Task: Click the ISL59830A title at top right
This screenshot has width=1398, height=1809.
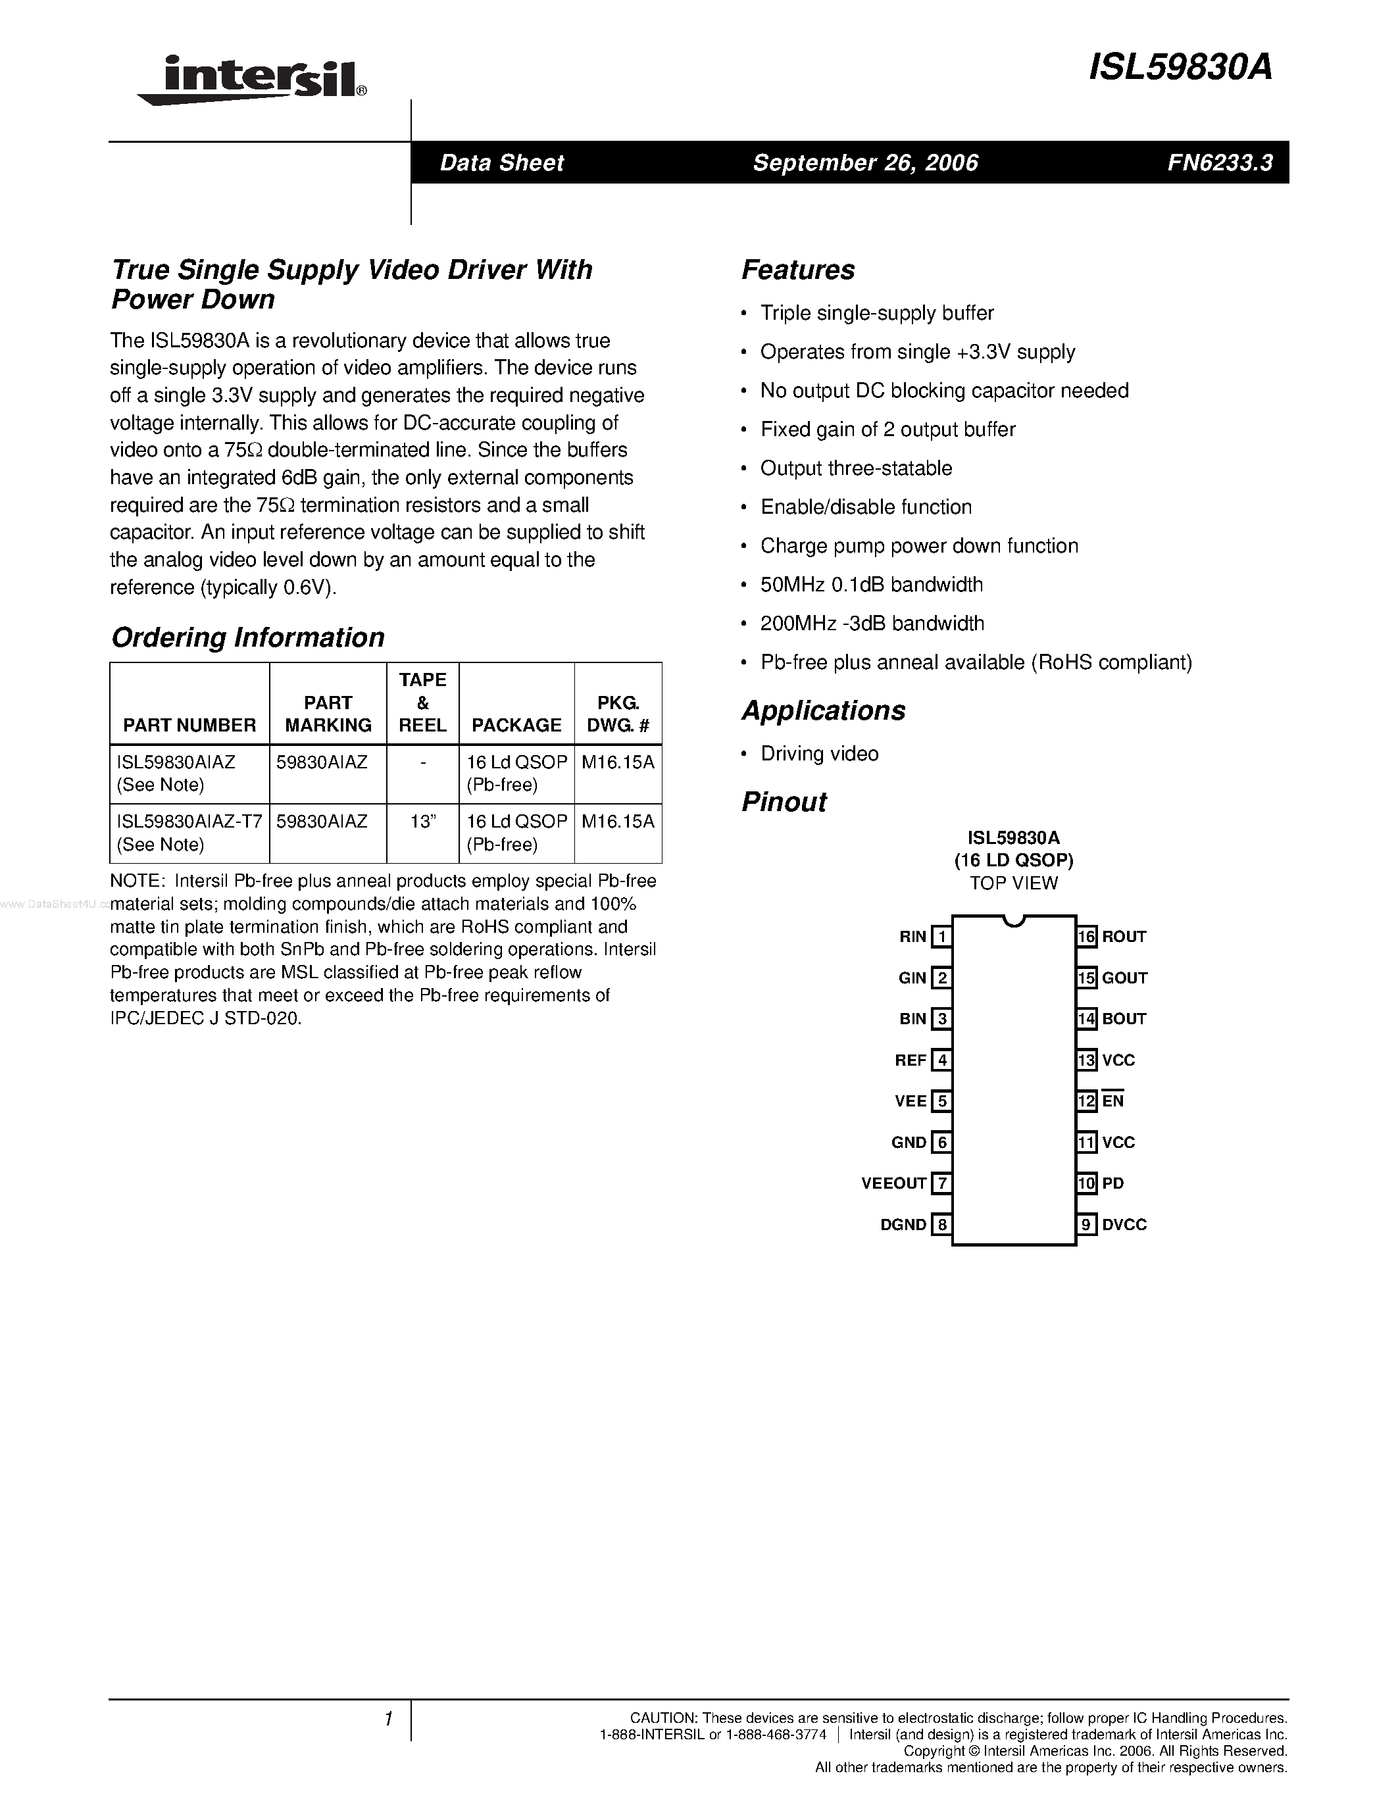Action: (x=1180, y=68)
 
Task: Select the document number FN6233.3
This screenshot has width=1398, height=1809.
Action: (x=1219, y=162)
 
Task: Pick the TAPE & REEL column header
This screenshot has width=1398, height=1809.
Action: (x=422, y=703)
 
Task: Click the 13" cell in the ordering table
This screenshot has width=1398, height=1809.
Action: (x=422, y=821)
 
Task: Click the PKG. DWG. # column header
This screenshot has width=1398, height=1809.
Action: (x=618, y=714)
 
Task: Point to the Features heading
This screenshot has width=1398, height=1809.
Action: (x=797, y=270)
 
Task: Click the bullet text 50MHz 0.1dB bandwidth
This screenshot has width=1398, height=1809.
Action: (x=871, y=585)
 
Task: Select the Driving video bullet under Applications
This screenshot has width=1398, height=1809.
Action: (x=819, y=754)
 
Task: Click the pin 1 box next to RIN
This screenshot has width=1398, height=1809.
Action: (x=941, y=937)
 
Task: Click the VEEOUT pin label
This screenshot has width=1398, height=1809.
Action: (x=893, y=1183)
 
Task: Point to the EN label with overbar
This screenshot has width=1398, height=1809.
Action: (x=1112, y=1101)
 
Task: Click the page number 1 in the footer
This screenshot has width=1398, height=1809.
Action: (x=387, y=1720)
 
